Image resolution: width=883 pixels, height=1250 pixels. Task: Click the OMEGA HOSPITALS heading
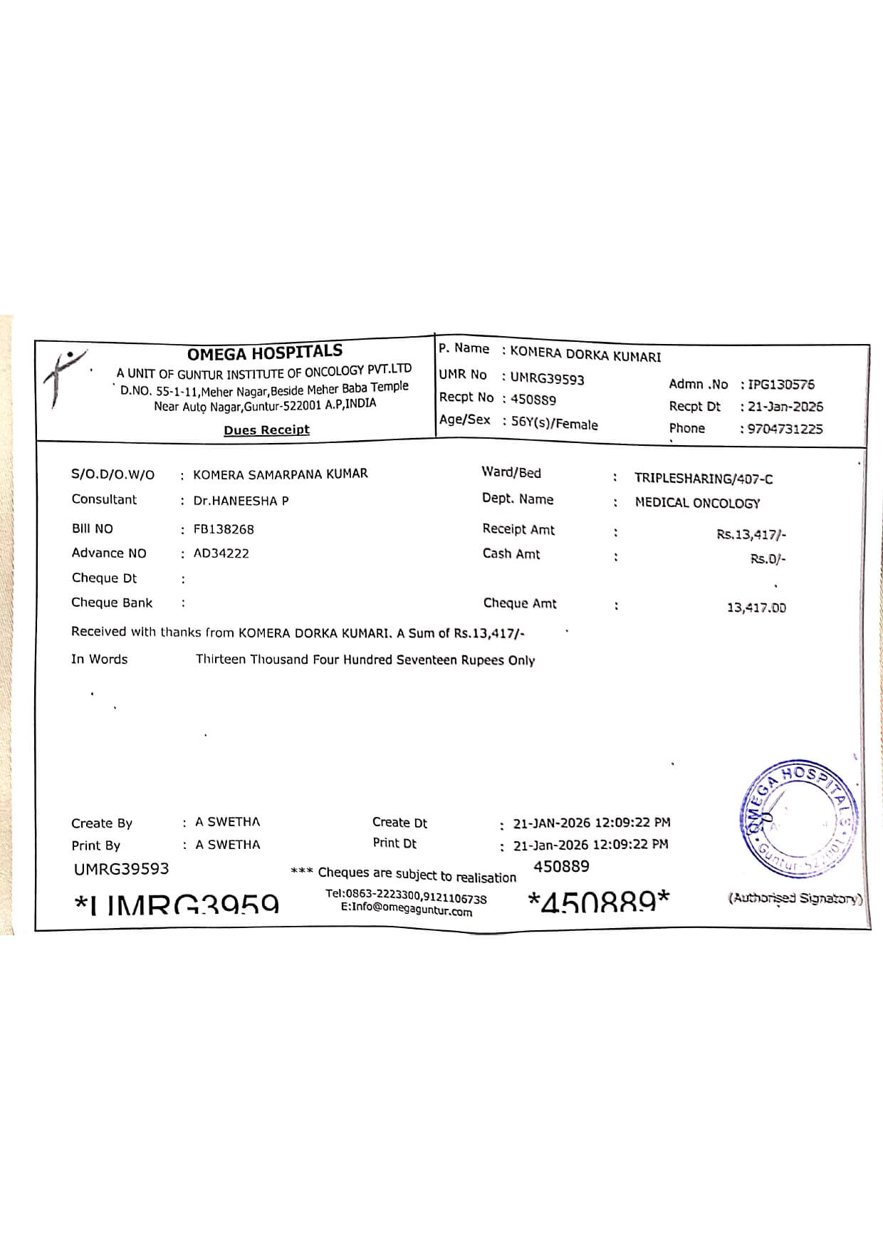[264, 352]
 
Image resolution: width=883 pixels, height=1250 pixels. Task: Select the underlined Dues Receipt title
[266, 429]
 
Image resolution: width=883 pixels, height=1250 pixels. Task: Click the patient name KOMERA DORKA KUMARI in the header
[585, 355]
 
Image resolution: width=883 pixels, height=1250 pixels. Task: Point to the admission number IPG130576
[781, 385]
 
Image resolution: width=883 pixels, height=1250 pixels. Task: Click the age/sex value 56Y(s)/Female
[554, 423]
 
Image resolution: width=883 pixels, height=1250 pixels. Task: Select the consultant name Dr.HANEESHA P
[241, 501]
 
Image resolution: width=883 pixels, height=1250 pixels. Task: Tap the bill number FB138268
[224, 529]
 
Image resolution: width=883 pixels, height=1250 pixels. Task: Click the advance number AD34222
[221, 553]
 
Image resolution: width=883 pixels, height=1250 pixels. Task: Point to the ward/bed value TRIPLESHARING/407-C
[704, 479]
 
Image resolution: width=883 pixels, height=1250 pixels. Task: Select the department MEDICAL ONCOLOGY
[697, 503]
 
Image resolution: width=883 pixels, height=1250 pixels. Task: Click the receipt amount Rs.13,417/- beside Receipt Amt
[751, 534]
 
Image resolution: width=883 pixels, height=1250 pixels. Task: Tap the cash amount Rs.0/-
[768, 559]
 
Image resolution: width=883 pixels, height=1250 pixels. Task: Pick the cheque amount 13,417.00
[756, 608]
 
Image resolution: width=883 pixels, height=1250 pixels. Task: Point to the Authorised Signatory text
[795, 898]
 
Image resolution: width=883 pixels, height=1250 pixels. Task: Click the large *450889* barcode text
[598, 902]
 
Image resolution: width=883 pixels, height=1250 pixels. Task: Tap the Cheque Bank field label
[112, 603]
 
